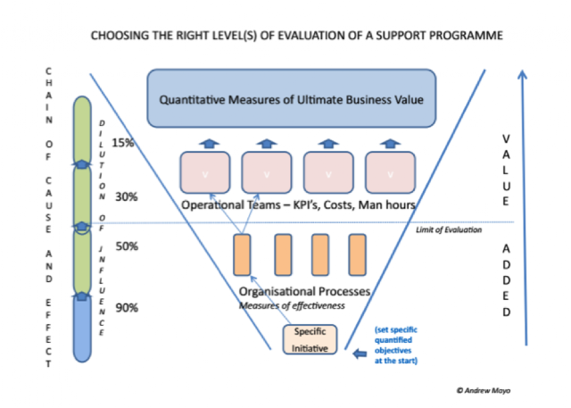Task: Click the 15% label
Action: [123, 143]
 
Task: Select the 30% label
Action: [127, 197]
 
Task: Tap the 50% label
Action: [127, 246]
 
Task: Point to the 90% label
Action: [127, 308]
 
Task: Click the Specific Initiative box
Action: [310, 339]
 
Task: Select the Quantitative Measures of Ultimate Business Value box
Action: [292, 98]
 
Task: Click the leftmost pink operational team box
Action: [205, 172]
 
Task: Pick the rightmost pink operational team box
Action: [390, 172]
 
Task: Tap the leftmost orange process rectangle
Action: [242, 254]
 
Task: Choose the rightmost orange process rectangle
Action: [357, 254]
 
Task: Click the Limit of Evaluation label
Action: [449, 229]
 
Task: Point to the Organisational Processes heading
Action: [304, 291]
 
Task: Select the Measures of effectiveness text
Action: [292, 305]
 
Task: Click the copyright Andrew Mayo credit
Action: [484, 390]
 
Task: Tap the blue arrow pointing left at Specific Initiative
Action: [360, 354]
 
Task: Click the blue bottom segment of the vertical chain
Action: [82, 329]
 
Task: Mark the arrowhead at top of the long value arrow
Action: [522, 74]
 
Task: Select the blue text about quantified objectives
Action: [396, 346]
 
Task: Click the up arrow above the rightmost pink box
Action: [390, 144]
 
